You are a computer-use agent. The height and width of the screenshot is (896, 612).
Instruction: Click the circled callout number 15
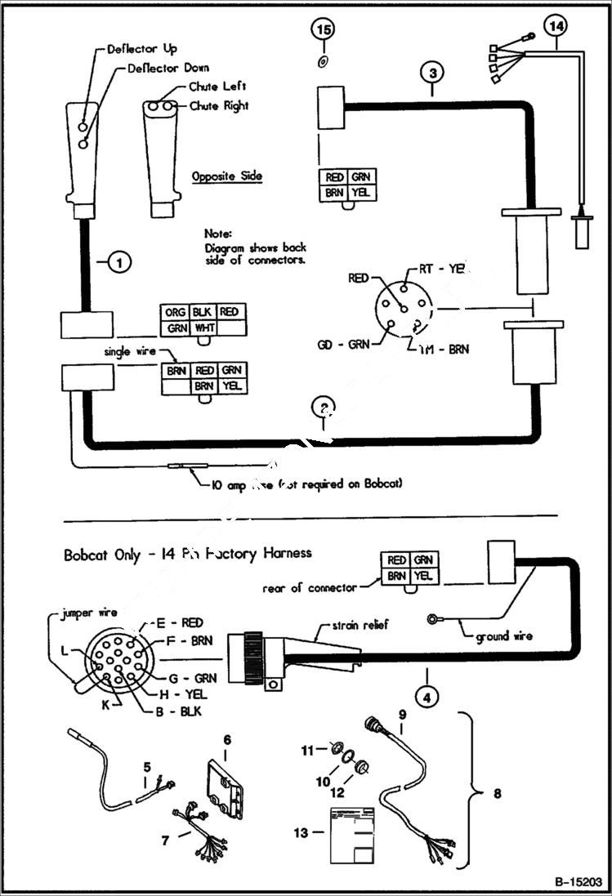(324, 30)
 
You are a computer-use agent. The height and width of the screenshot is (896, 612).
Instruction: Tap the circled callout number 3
(434, 74)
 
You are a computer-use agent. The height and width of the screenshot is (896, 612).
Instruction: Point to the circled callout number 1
(119, 262)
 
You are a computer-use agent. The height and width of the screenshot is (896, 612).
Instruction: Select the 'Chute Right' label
(218, 106)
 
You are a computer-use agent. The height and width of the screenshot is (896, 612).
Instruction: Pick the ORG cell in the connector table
(174, 312)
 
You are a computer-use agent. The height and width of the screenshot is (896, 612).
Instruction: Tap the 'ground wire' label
(503, 635)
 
